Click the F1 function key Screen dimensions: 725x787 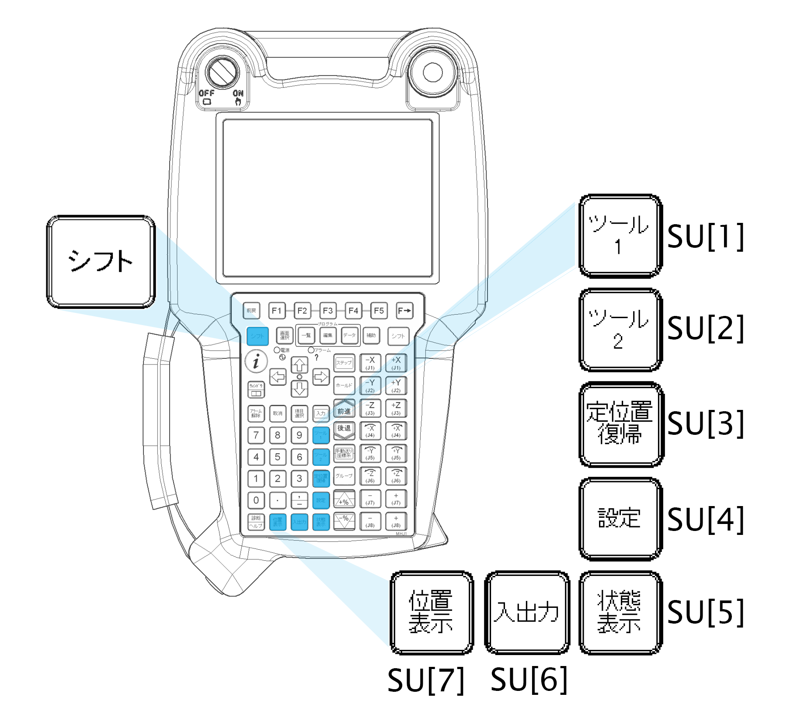pyautogui.click(x=277, y=311)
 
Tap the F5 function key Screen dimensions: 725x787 pyautogui.click(x=379, y=311)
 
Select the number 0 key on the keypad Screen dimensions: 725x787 pyautogui.click(x=256, y=500)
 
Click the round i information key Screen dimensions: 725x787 pyautogui.click(x=256, y=361)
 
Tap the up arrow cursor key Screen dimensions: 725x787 pyautogui.click(x=299, y=365)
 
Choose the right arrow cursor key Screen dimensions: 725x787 pyautogui.click(x=321, y=376)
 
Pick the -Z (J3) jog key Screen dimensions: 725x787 pyautogui.click(x=370, y=408)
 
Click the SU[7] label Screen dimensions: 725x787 pyautogui.click(x=425, y=680)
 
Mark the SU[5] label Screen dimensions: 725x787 pyautogui.click(x=705, y=612)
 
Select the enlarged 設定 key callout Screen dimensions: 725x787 pyautogui.click(x=620, y=518)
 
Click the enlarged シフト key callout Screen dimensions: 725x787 pyautogui.click(x=101, y=261)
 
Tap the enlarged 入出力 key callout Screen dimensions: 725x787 pyautogui.click(x=527, y=612)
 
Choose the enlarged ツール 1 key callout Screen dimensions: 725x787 pyautogui.click(x=620, y=236)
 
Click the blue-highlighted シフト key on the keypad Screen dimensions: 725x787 pyautogui.click(x=258, y=336)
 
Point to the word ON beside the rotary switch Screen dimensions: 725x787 pyautogui.click(x=238, y=93)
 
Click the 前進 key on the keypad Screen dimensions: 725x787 pyautogui.click(x=344, y=411)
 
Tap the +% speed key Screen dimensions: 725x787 pyautogui.click(x=344, y=500)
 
